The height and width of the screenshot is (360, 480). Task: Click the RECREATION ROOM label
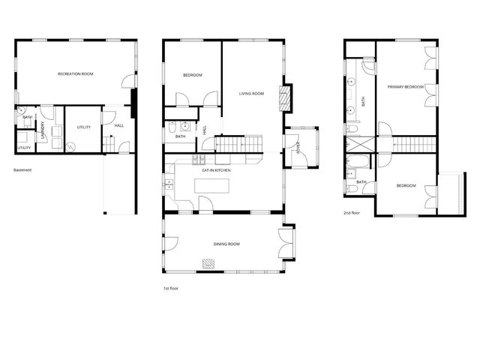76,73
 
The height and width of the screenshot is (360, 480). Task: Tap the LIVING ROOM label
252,94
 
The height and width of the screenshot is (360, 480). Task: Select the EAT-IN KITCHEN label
216,171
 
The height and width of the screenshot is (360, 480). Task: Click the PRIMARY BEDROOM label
406,87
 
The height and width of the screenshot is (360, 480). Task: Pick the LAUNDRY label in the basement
43,130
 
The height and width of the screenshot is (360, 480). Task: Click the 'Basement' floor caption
22,170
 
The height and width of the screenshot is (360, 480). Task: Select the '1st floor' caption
171,288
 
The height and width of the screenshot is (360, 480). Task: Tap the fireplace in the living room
284,97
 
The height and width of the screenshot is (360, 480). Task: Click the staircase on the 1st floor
240,142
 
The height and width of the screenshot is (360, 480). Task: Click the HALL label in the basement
118,125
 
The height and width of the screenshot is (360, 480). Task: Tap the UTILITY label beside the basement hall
84,127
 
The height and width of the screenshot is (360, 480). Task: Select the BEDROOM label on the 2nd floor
406,185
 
